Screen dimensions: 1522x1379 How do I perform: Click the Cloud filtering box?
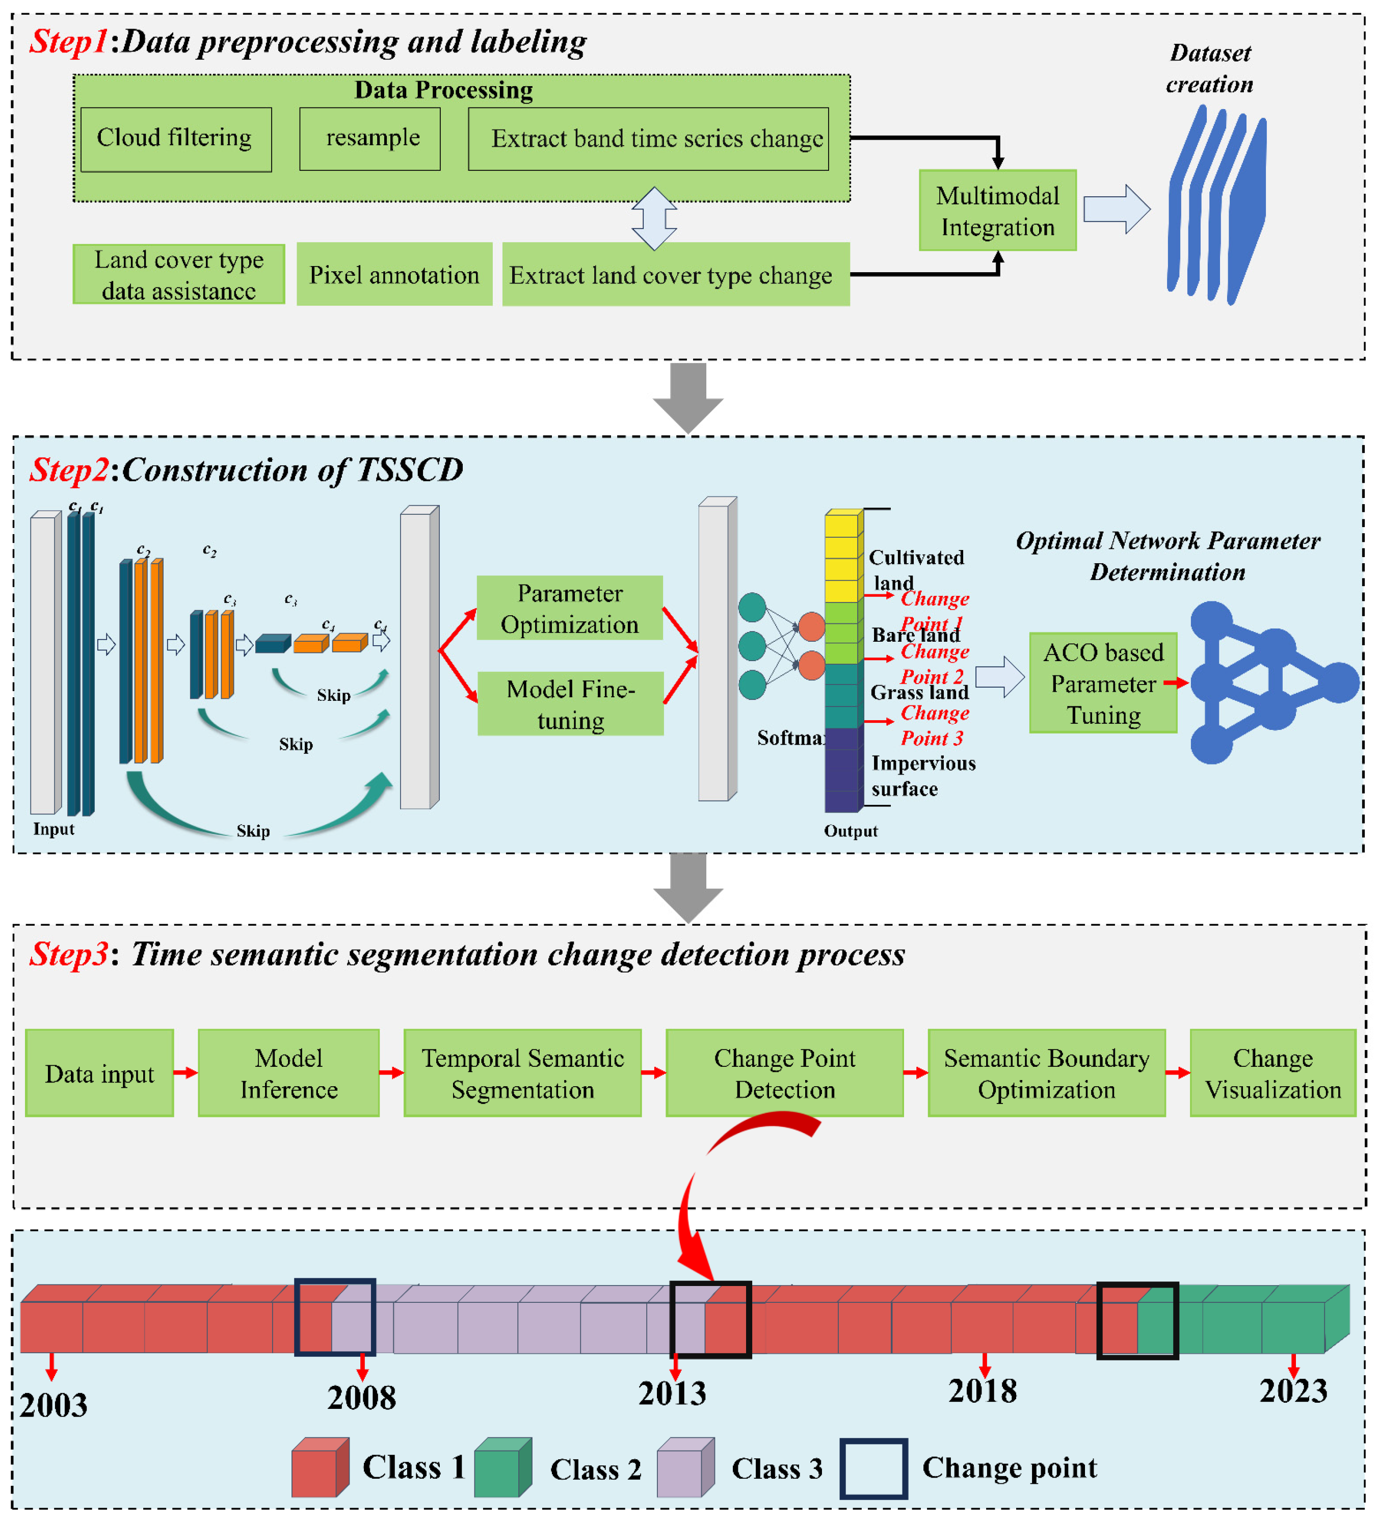(176, 139)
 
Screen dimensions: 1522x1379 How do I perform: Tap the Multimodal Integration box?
(997, 211)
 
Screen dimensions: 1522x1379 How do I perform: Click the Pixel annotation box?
(394, 274)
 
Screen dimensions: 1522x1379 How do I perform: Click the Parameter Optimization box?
(570, 609)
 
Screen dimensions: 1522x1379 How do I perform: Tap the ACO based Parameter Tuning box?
(1103, 683)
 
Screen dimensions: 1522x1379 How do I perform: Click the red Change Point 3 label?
(933, 725)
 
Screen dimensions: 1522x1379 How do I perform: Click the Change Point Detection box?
(784, 1073)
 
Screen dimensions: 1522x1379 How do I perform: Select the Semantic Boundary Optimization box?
(1046, 1073)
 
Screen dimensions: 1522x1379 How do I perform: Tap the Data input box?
(100, 1073)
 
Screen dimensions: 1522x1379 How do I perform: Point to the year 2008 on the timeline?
(361, 1397)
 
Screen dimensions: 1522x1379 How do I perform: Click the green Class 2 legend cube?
(502, 1467)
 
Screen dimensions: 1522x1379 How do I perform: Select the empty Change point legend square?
(873, 1468)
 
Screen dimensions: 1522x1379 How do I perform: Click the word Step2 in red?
(69, 469)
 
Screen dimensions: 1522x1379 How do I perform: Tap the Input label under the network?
(54, 828)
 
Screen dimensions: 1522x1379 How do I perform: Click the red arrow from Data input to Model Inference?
(185, 1072)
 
